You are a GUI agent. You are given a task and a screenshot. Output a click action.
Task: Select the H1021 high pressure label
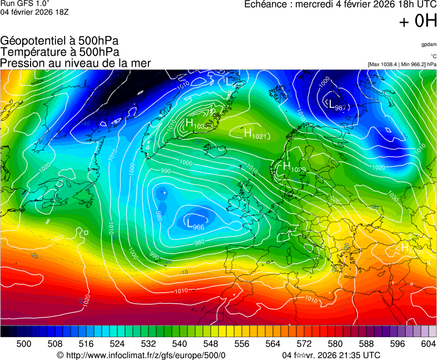(256, 133)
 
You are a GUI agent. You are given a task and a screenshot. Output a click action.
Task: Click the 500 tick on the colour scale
(24, 344)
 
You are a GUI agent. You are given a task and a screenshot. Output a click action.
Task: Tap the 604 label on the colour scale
(428, 344)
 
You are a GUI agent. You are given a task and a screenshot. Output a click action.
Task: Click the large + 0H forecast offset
(418, 22)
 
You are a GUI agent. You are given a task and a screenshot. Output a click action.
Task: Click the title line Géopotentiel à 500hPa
(59, 41)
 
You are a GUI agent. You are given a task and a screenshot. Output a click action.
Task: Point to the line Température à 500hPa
(59, 52)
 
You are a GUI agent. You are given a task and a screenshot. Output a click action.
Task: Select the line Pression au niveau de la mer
(76, 63)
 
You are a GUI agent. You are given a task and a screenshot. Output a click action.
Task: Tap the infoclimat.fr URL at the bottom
(141, 355)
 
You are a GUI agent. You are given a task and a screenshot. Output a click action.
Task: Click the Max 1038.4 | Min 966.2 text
(402, 64)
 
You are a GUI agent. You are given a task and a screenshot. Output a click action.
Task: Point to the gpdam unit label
(429, 44)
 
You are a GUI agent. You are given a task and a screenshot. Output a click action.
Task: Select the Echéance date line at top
(340, 5)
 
